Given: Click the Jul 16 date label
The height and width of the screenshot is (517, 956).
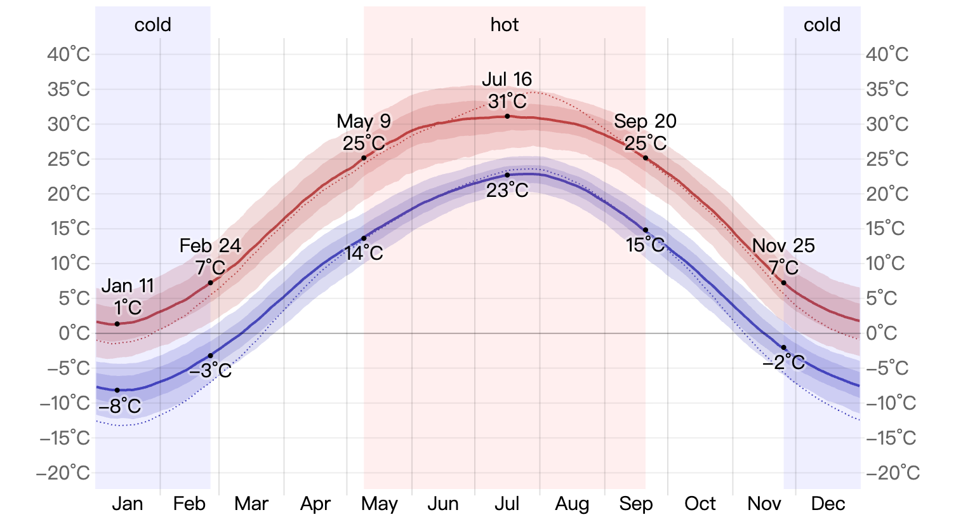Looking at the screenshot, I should point(507,79).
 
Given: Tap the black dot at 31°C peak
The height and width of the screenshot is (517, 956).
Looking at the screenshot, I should point(507,116).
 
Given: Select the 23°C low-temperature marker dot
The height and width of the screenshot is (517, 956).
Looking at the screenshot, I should point(507,175).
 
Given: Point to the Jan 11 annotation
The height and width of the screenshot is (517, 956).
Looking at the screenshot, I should point(128,286).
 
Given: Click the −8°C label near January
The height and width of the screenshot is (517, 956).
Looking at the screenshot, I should point(120,406).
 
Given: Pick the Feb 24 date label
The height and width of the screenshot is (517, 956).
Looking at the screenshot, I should point(210,246).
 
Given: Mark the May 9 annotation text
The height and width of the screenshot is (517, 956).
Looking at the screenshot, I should point(364,121).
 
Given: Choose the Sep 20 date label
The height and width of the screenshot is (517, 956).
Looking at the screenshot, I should point(645,121).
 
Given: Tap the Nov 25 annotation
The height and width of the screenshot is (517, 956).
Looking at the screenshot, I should point(783,246).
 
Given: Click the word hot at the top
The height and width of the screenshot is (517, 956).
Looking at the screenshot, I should point(505,25).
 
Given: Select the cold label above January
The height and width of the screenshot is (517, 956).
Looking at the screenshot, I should point(153,25).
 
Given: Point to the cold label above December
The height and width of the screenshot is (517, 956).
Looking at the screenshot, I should point(822,25).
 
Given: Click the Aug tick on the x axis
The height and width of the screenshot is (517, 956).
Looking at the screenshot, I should point(572,504).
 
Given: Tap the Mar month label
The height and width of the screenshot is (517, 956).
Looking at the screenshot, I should point(251,504).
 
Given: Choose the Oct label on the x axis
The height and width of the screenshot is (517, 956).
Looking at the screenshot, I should point(700,504).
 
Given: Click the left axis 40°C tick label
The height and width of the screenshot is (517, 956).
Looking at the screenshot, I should point(69,55).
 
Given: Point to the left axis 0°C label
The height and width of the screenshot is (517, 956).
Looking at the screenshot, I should point(74,333).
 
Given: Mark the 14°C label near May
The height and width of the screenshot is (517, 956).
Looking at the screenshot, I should point(364,253).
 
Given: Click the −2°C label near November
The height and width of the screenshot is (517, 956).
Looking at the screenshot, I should point(784,363).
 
